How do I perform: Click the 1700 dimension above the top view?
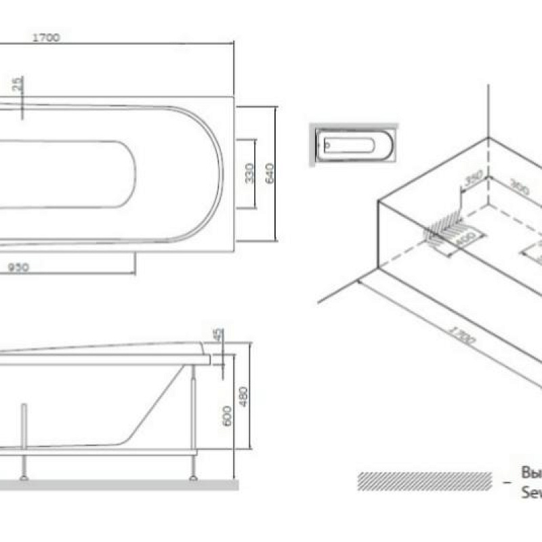point(47,38)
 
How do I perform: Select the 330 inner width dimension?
point(249,173)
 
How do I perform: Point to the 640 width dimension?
point(269,173)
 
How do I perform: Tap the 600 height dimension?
point(227,414)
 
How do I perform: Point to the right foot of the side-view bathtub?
point(193,477)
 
